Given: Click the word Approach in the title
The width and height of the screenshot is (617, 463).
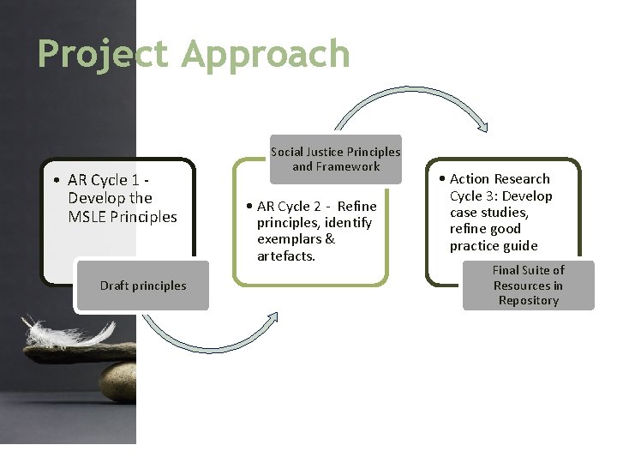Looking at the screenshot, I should pyautogui.click(x=267, y=54).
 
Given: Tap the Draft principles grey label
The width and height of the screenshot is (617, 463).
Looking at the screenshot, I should pyautogui.click(x=142, y=286).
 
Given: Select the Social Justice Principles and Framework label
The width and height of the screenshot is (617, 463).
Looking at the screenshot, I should pyautogui.click(x=335, y=159).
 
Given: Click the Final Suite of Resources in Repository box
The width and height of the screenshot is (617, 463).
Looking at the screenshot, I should pyautogui.click(x=528, y=285).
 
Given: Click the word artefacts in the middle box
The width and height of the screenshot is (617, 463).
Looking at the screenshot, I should pyautogui.click(x=285, y=256).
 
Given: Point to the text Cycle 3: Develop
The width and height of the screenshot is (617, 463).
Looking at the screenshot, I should pyautogui.click(x=501, y=195).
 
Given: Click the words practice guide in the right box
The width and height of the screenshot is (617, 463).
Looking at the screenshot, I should pyautogui.click(x=494, y=245).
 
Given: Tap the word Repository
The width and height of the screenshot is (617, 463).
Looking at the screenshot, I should pyautogui.click(x=529, y=300).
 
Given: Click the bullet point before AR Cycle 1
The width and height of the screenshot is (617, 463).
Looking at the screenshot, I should pyautogui.click(x=56, y=180).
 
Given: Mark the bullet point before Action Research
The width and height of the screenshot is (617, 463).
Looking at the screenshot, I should pyautogui.click(x=440, y=178).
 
